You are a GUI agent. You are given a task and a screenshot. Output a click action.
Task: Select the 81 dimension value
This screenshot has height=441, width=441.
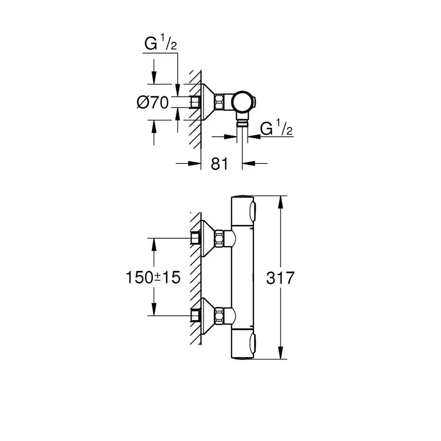220,164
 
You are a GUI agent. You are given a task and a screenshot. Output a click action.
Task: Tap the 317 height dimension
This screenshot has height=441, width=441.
280,278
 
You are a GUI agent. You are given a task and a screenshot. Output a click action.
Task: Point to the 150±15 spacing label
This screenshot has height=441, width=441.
153,278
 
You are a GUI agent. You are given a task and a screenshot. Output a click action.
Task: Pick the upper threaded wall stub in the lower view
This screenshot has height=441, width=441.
195,239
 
